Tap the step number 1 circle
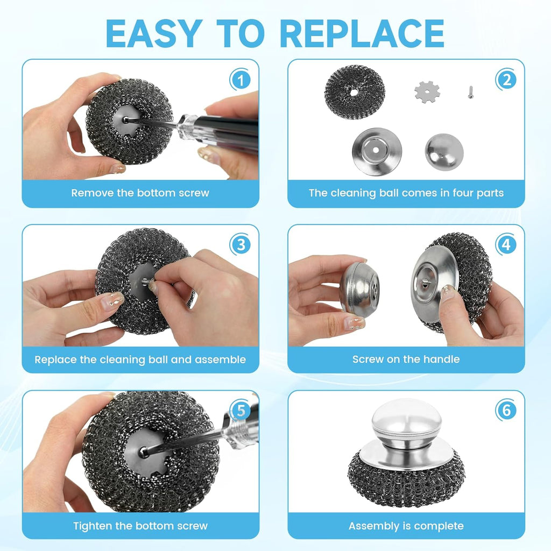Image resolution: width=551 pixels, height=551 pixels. click(240, 81)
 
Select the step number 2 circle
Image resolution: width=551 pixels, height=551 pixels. click(506, 81)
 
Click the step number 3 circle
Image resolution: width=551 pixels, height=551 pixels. click(240, 245)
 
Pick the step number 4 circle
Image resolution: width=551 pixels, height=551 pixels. click(506, 245)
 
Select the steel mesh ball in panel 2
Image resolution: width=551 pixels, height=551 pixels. click(355, 91)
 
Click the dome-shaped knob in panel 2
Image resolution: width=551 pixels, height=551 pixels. click(444, 152)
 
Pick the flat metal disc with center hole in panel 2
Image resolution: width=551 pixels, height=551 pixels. click(377, 151)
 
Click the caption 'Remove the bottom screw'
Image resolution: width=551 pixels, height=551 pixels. click(140, 193)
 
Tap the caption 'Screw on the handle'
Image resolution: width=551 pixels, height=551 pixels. click(406, 359)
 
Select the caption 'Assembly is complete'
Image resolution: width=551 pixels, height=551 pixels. click(406, 526)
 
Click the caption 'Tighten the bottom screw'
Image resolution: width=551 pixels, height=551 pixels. click(140, 526)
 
